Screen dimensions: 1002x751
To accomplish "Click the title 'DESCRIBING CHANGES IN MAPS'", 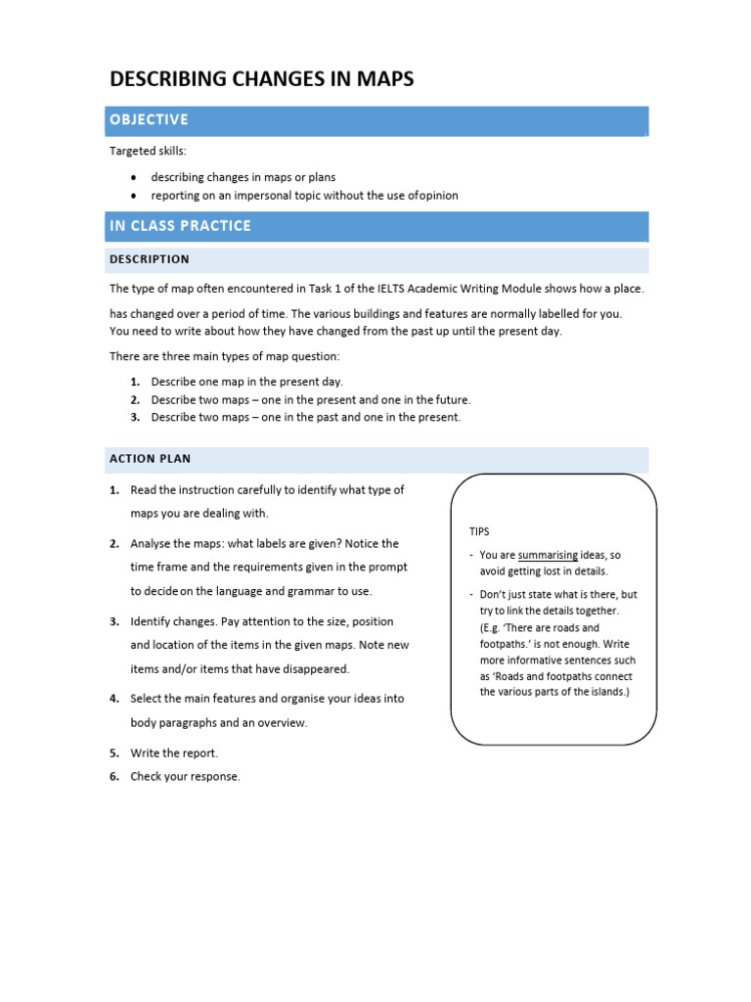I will click(x=261, y=79).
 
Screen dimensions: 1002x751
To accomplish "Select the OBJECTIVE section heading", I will click(x=149, y=119).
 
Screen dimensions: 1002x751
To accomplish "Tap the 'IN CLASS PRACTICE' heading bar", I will click(x=180, y=226).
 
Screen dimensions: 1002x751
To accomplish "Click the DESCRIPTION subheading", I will click(x=150, y=259).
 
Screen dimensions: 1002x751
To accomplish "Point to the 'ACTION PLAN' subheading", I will click(x=151, y=458).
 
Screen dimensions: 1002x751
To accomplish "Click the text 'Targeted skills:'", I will click(x=148, y=151).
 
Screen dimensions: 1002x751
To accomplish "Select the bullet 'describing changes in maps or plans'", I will click(x=243, y=177).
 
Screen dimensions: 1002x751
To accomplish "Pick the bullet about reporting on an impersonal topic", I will click(x=304, y=196).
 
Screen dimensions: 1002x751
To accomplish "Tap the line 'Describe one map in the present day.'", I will click(x=246, y=382).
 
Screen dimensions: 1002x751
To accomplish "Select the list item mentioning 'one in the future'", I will click(x=310, y=400).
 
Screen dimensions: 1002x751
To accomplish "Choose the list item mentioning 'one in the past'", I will click(x=305, y=418).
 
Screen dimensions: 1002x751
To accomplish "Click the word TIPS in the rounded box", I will click(x=479, y=531).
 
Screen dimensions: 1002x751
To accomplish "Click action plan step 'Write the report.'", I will click(x=174, y=752).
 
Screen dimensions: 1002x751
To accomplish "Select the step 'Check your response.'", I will click(x=185, y=777).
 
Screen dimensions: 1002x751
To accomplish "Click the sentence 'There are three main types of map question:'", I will click(x=224, y=356).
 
